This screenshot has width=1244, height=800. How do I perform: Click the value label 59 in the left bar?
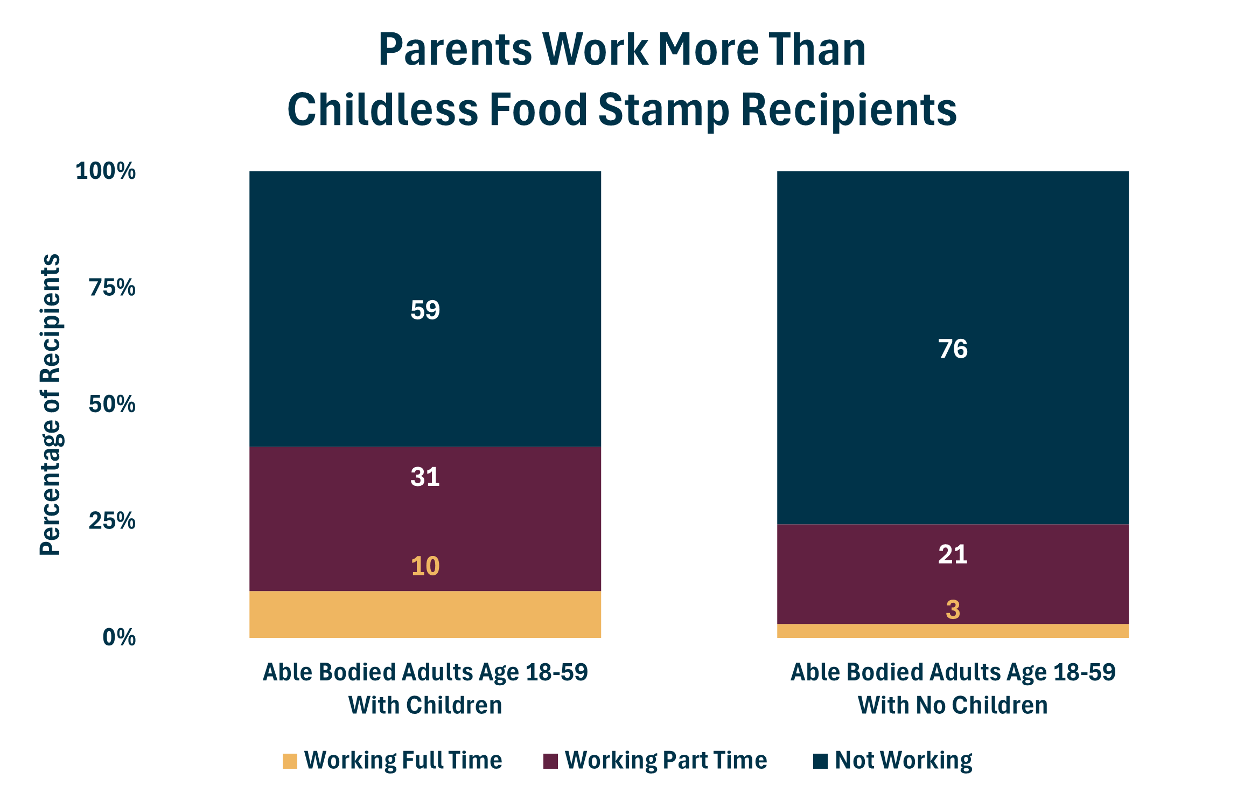point(425,310)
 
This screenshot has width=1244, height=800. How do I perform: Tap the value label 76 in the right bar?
point(952,349)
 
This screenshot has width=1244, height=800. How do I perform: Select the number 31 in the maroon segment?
point(425,477)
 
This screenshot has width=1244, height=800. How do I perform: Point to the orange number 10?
point(425,566)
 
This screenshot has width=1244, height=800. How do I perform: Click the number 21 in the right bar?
point(952,554)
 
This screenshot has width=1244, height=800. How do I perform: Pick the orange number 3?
point(952,610)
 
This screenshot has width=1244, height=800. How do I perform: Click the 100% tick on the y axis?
point(106,171)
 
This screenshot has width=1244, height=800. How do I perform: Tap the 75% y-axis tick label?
point(112,288)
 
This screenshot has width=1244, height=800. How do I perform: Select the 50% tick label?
point(112,404)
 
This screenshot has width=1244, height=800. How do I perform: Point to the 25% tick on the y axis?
point(112,521)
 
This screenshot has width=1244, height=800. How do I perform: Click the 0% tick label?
point(119,637)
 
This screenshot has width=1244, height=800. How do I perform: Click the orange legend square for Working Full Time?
point(290,761)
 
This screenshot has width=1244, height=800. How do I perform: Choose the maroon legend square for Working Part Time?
point(550,761)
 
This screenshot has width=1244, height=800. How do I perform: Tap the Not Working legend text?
point(903,760)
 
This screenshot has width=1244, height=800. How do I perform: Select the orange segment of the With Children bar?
point(425,615)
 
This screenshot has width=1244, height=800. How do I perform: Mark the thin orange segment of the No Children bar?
point(952,631)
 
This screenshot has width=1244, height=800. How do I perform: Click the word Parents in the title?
point(455,50)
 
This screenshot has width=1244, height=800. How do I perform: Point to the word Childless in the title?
point(382,109)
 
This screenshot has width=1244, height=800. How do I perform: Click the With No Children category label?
point(952,705)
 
